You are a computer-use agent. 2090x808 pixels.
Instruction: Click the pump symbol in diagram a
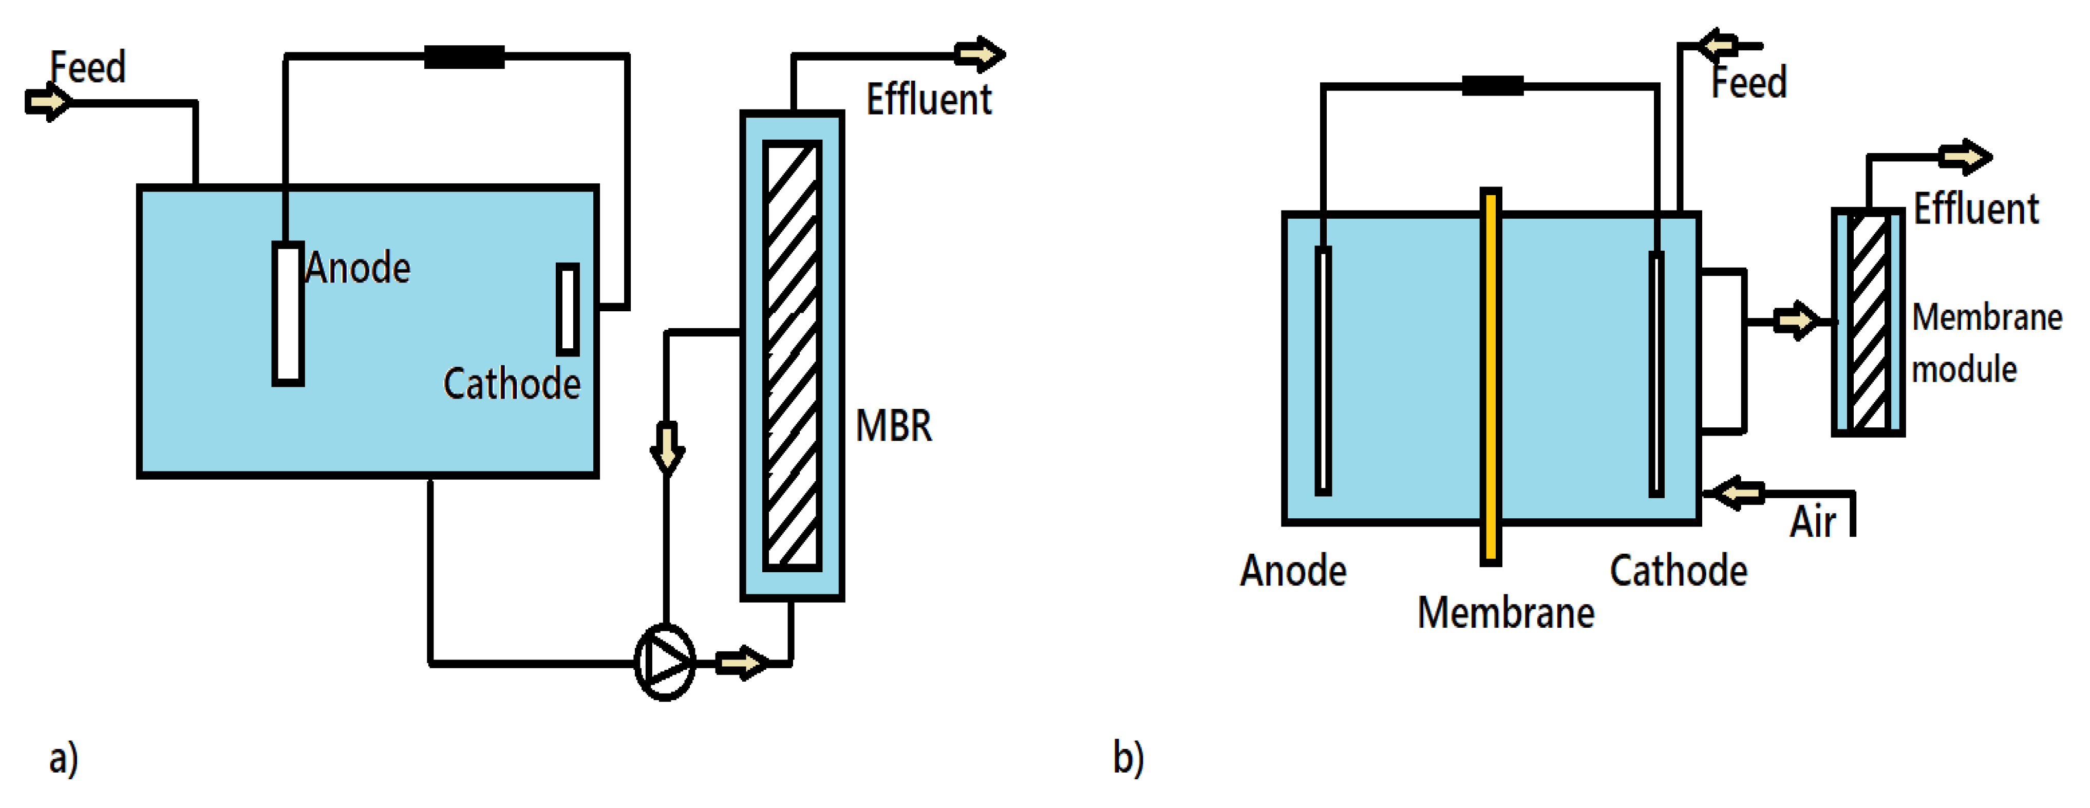pyautogui.click(x=665, y=662)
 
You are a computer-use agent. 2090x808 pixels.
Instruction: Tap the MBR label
pyautogui.click(x=893, y=426)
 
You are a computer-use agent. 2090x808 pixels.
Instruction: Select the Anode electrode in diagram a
pyautogui.click(x=287, y=313)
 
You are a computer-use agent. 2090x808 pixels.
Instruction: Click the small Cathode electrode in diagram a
pyautogui.click(x=567, y=309)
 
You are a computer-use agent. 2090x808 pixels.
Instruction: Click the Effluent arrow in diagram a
pyautogui.click(x=980, y=54)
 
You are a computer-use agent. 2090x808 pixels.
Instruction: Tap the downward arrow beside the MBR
pyautogui.click(x=667, y=447)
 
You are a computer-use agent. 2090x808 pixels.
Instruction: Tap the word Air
pyautogui.click(x=1813, y=522)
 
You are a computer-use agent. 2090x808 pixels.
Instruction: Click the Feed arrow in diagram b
pyautogui.click(x=1719, y=45)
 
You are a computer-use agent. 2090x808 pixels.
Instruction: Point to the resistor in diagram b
pyautogui.click(x=1492, y=85)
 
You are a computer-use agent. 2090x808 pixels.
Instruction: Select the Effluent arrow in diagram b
pyautogui.click(x=1964, y=156)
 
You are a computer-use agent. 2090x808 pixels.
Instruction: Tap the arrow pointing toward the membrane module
pyautogui.click(x=1795, y=321)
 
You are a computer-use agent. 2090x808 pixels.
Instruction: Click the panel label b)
pyautogui.click(x=1128, y=758)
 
